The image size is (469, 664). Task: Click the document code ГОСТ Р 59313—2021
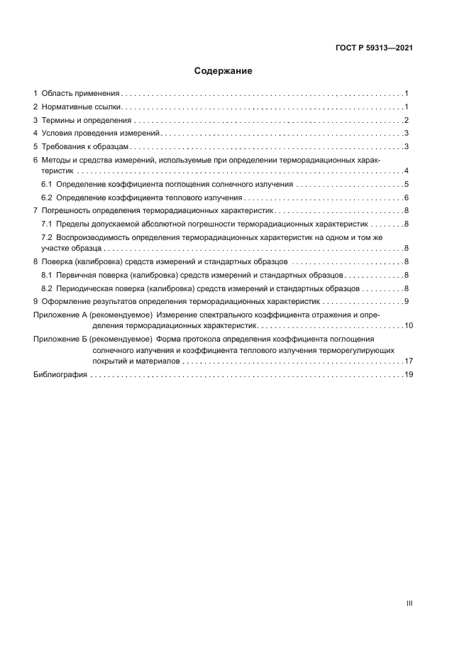click(x=374, y=48)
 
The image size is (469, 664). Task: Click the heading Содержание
click(x=223, y=71)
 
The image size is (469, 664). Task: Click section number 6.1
click(x=47, y=184)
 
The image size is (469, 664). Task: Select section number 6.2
click(x=47, y=197)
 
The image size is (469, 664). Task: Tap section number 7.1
click(x=47, y=224)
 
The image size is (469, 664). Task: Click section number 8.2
click(x=47, y=288)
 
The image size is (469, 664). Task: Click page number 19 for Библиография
click(x=408, y=375)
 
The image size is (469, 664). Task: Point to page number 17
click(x=408, y=361)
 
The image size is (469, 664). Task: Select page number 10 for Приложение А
click(x=408, y=325)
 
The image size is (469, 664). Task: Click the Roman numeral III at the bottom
click(x=409, y=603)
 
